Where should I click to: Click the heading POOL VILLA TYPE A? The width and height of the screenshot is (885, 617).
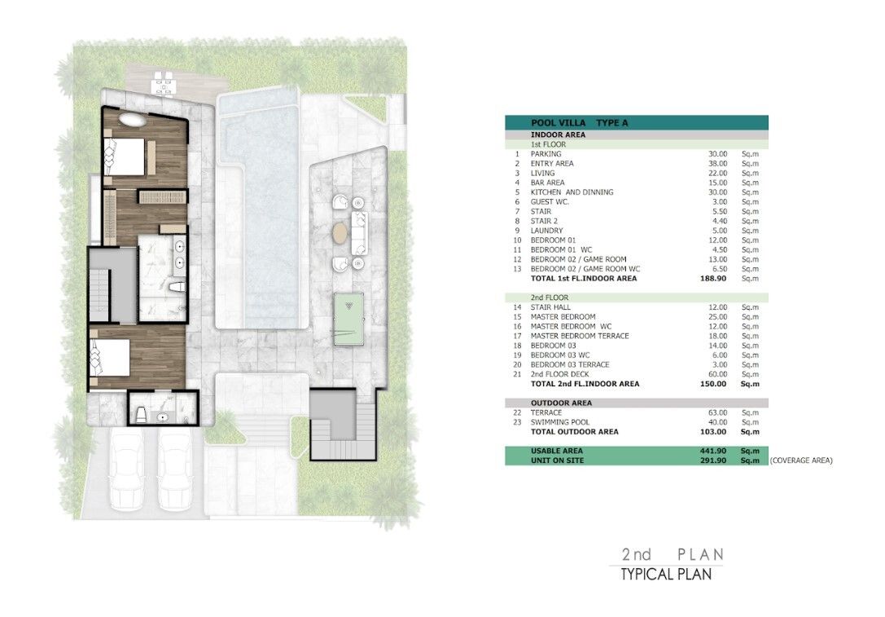pos(579,122)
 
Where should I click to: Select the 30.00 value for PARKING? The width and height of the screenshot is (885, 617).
pos(718,154)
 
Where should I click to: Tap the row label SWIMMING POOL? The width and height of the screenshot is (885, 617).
pos(560,422)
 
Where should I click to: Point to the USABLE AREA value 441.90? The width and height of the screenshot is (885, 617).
pos(713,451)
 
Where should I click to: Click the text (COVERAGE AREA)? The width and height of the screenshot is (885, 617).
pos(801,461)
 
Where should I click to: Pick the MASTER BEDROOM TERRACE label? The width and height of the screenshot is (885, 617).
pos(580,336)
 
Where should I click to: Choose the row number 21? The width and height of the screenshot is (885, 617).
pos(518,374)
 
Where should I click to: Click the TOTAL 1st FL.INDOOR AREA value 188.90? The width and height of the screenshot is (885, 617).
pos(713,278)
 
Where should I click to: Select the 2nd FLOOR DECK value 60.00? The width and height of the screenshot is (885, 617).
pos(718,374)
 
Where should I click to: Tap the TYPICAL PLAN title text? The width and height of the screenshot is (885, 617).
pos(666,575)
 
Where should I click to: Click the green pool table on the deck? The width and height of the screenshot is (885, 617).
pos(348,318)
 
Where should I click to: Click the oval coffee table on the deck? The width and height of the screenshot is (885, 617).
pos(341,233)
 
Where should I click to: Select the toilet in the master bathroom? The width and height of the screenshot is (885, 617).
pos(177,287)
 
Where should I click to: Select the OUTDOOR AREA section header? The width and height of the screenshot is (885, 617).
pos(561,403)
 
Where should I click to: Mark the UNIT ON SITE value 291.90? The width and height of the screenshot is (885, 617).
pos(713,461)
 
